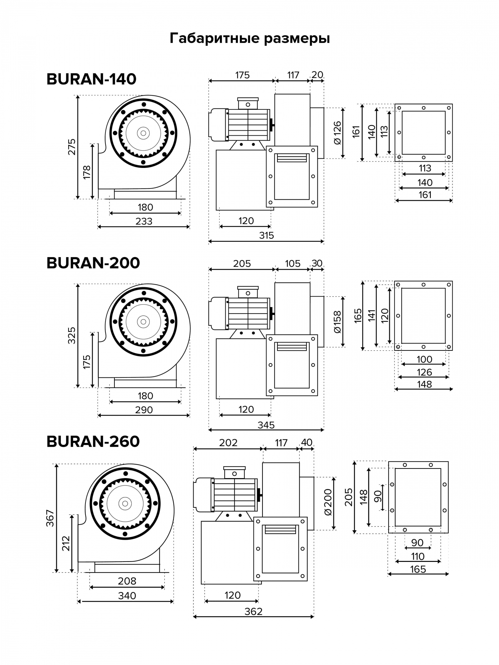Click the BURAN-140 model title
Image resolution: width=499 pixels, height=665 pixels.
pos(91,79)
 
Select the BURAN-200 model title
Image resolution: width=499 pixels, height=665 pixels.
pos(93,263)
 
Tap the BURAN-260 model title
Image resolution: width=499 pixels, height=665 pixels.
pos(93,442)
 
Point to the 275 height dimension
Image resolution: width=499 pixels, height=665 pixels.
pos(72,147)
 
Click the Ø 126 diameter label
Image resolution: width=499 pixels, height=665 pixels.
pos(337,133)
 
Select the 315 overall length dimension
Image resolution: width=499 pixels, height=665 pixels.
pos(266,235)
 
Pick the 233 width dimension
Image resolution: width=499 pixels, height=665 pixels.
pos(144,221)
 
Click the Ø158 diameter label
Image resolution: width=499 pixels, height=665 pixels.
pos(337,322)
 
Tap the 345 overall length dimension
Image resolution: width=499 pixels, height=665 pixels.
pos(266,425)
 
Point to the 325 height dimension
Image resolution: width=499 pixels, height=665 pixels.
pos(72,335)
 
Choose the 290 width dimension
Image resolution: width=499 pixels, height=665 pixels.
pos(144,410)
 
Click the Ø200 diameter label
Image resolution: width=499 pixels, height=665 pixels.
pos(328,502)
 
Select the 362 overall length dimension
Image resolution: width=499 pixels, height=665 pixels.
pos(253,611)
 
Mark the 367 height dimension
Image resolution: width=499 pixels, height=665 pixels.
pos(50,518)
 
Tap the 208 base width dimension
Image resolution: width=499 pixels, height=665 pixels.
pos(127,581)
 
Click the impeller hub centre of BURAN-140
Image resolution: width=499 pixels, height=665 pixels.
pos(143,133)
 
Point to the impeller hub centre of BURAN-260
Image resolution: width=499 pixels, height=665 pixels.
pos(125,503)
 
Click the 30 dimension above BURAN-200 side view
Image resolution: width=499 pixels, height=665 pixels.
pos(317,263)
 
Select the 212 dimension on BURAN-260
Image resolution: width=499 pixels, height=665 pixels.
pos(66,543)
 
